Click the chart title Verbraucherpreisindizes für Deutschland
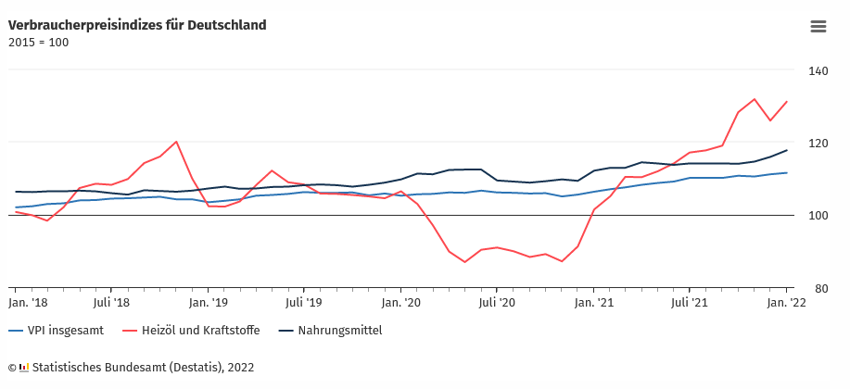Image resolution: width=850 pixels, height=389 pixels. click(x=137, y=25)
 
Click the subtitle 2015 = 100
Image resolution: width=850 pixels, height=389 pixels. click(x=38, y=42)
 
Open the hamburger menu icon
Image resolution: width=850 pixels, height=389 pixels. click(x=818, y=26)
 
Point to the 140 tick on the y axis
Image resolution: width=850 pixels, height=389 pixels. click(x=818, y=70)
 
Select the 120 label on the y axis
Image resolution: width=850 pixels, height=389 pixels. click(x=818, y=144)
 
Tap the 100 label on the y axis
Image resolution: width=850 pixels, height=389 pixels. click(x=818, y=216)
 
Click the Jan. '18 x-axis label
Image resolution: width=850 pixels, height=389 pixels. click(x=29, y=302)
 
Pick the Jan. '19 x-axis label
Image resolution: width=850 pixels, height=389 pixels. click(x=209, y=302)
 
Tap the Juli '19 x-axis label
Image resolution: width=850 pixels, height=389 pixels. click(x=304, y=302)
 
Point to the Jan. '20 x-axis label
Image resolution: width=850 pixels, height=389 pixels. click(x=401, y=302)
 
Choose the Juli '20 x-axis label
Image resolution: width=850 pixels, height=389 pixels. click(x=497, y=302)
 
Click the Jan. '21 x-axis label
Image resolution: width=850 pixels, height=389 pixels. click(x=594, y=302)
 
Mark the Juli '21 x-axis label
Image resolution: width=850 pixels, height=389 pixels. click(x=690, y=302)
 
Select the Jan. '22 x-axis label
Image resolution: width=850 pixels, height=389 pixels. click(x=786, y=302)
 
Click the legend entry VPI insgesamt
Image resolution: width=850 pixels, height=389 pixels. click(x=64, y=331)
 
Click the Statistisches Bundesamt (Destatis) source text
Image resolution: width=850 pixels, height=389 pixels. click(x=142, y=368)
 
